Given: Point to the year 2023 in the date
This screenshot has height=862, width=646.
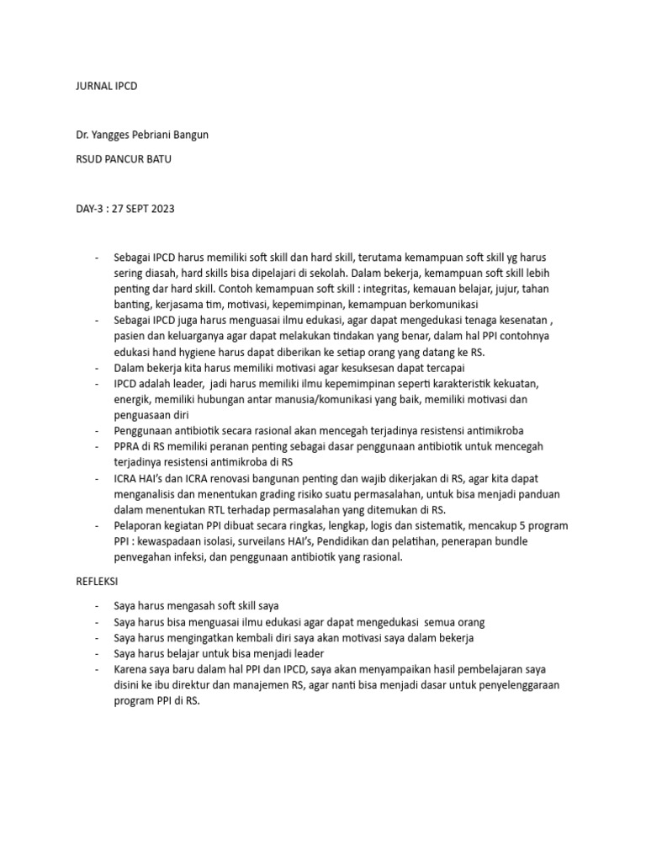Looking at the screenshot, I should (x=161, y=209).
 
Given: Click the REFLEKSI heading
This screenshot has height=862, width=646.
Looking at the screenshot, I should (x=98, y=581).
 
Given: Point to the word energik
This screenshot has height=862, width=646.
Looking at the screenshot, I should (x=133, y=400).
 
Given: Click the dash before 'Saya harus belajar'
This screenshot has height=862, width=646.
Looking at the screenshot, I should (x=98, y=653).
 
